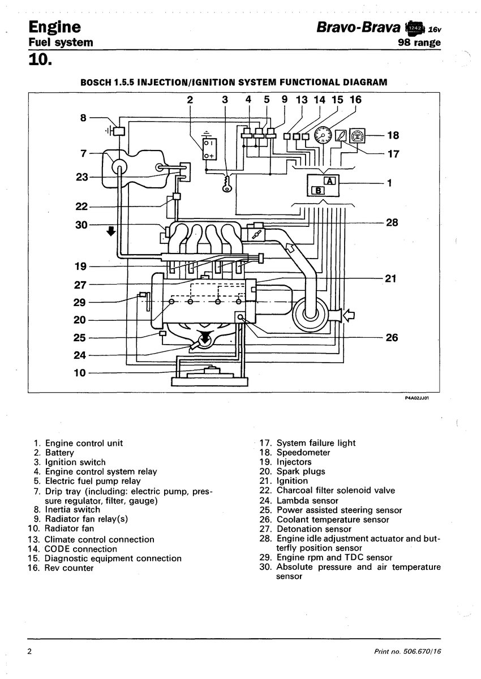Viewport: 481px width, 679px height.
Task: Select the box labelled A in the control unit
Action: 330,181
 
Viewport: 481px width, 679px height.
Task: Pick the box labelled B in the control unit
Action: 318,190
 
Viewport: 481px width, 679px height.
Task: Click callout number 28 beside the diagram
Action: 392,222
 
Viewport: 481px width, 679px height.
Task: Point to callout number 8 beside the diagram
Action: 83,118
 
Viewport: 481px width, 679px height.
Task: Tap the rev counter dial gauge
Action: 323,135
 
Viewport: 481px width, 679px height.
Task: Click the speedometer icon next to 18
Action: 357,135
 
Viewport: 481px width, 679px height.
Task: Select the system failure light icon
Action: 341,135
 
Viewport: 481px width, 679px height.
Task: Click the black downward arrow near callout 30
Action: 111,231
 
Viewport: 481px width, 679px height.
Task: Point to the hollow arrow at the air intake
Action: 349,316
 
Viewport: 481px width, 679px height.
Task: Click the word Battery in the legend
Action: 59,453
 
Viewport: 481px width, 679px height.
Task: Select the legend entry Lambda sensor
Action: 307,500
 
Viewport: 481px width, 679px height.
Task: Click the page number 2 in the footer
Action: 29,651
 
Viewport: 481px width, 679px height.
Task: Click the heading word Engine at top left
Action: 55,28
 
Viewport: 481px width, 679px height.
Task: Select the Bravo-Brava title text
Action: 359,27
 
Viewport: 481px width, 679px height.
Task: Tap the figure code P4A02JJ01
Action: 416,398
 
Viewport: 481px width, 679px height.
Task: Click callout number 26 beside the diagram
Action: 392,338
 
